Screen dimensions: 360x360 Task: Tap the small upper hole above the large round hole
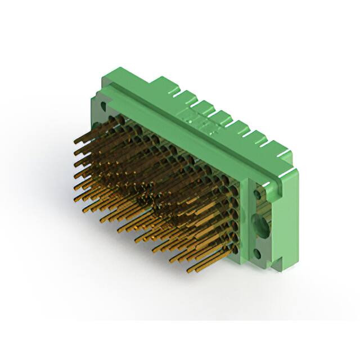(x=258, y=194)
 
